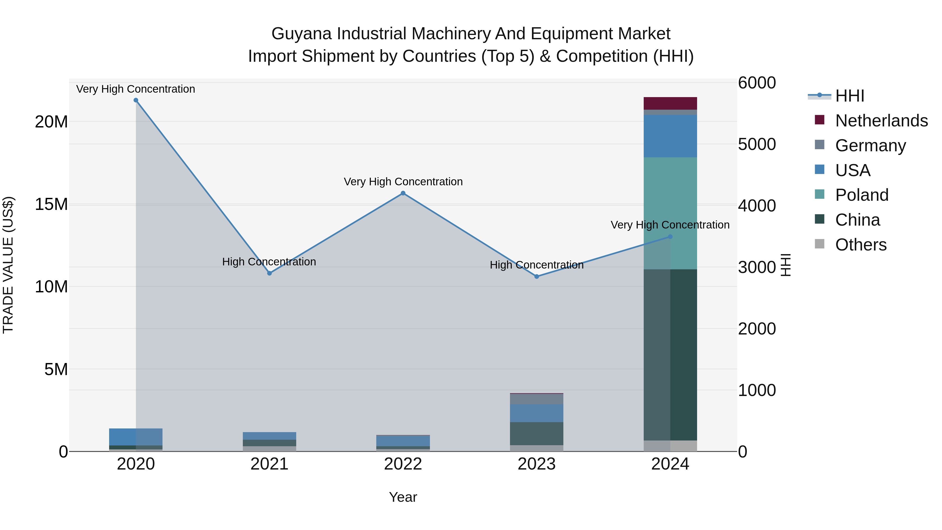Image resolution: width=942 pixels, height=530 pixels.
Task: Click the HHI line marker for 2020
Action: pyautogui.click(x=136, y=100)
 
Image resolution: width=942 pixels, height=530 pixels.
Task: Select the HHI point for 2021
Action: pyautogui.click(x=270, y=273)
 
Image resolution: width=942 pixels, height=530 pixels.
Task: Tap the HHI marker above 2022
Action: pyautogui.click(x=403, y=193)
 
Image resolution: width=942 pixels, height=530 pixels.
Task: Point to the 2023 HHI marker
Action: pyautogui.click(x=536, y=277)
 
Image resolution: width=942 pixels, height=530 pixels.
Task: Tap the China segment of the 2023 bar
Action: pyautogui.click(x=536, y=433)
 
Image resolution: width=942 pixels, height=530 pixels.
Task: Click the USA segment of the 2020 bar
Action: pyautogui.click(x=122, y=437)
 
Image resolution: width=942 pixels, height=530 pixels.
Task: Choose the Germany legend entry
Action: pyautogui.click(x=870, y=146)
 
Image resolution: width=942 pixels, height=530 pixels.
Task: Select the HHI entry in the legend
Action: pyautogui.click(x=849, y=96)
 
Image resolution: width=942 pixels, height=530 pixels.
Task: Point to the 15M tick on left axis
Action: pyautogui.click(x=51, y=204)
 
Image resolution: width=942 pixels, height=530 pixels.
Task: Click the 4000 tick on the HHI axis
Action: pyautogui.click(x=756, y=205)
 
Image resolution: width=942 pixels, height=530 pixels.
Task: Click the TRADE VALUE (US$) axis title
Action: pyautogui.click(x=8, y=265)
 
